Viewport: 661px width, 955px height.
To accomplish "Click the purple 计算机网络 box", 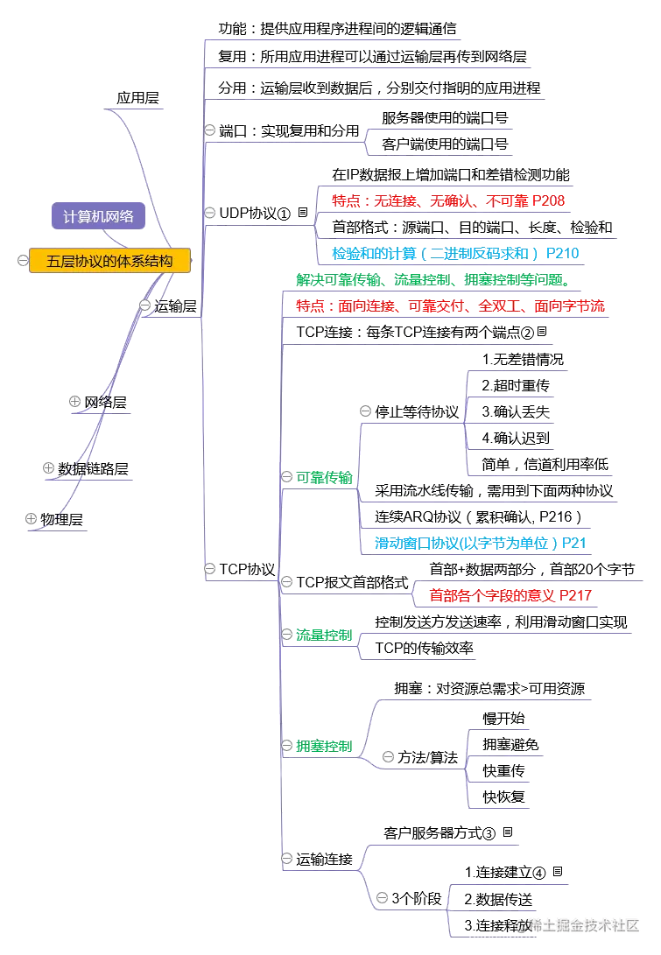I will click(x=98, y=216).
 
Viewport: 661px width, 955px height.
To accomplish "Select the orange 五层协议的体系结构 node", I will click(x=109, y=260).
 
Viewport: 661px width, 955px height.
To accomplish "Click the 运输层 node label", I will click(x=175, y=305).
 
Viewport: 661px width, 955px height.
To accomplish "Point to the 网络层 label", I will click(x=105, y=403).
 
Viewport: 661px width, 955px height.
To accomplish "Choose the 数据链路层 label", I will click(x=94, y=469).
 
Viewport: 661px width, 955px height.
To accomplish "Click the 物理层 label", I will click(x=63, y=519).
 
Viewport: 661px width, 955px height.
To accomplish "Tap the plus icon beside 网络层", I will click(x=75, y=401).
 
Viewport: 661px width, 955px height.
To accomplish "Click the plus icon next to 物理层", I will click(x=32, y=518).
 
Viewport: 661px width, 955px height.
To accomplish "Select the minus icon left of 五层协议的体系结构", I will click(x=21, y=260).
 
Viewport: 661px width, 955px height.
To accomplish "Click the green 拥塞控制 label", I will click(x=323, y=747).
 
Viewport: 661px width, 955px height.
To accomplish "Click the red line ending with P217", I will click(x=510, y=595).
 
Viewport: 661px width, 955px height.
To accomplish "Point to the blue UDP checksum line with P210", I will click(x=455, y=253).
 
